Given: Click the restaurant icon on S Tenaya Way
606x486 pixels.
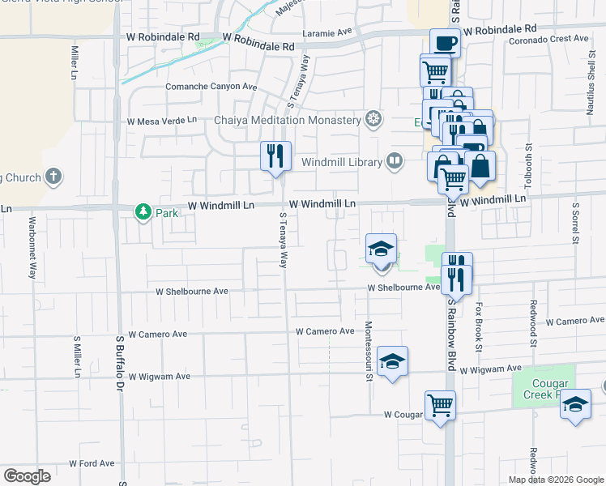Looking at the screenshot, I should pyautogui.click(x=275, y=156).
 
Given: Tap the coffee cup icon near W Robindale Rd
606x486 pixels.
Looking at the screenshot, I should pyautogui.click(x=445, y=42).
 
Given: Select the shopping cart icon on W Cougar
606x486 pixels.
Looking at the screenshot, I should pyautogui.click(x=440, y=404).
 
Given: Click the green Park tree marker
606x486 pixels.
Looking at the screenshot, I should pyautogui.click(x=143, y=211).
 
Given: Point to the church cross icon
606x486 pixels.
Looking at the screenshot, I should pyautogui.click(x=53, y=177).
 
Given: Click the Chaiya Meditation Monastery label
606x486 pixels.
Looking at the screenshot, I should pyautogui.click(x=276, y=121).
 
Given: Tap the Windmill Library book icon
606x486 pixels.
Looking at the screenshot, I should pyautogui.click(x=394, y=161).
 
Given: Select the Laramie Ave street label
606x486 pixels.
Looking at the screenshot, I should pyautogui.click(x=329, y=34).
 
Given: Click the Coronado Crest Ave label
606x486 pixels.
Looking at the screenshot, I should pyautogui.click(x=548, y=38).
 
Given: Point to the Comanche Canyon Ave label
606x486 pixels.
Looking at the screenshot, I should pyautogui.click(x=211, y=87).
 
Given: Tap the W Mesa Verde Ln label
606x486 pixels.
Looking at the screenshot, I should pyautogui.click(x=162, y=121).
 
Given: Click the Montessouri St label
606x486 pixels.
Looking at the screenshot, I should pyautogui.click(x=368, y=350).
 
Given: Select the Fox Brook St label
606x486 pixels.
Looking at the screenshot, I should pyautogui.click(x=479, y=326).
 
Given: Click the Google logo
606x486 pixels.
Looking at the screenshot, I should pyautogui.click(x=28, y=475).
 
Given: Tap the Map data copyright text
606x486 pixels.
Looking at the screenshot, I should pyautogui.click(x=555, y=480).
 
